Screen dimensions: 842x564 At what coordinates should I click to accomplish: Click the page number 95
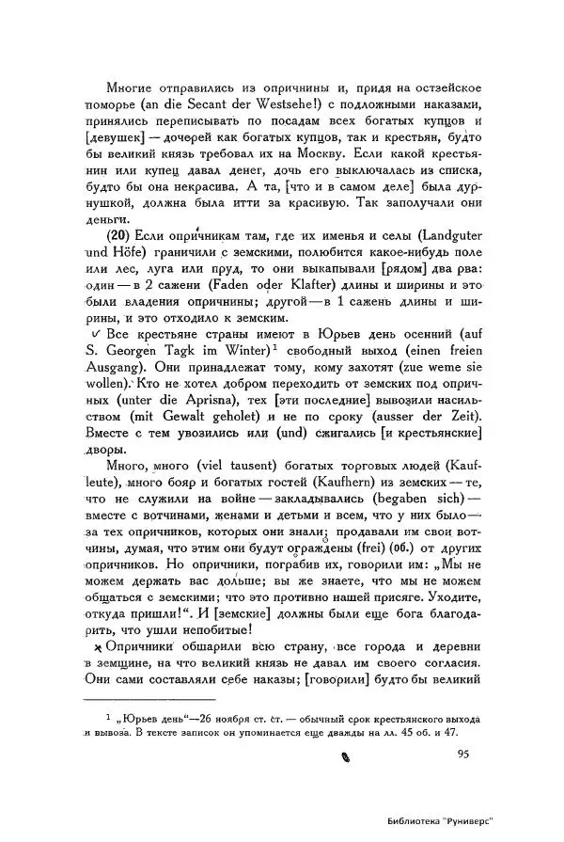coord(463,753)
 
